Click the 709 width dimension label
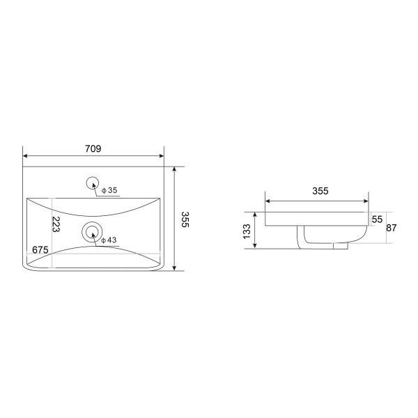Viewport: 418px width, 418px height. [93, 149]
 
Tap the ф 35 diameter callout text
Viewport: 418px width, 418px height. [109, 190]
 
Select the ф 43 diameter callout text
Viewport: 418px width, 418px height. [109, 240]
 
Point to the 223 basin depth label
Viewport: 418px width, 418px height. [56, 224]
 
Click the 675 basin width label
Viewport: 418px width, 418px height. [40, 250]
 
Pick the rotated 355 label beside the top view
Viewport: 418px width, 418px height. [185, 219]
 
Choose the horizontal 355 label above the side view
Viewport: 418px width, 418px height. [320, 191]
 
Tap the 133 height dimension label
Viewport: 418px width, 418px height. [247, 231]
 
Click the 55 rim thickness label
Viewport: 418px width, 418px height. [377, 219]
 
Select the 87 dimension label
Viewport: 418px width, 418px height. [392, 228]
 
